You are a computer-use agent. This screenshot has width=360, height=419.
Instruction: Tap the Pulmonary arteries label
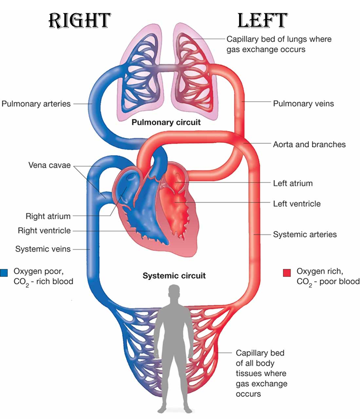tap(36, 104)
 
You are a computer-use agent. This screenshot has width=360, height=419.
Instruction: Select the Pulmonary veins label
tap(303, 104)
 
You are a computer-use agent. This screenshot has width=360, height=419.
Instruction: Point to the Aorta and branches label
tap(309, 144)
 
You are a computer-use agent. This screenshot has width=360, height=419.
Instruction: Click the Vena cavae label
tap(50, 165)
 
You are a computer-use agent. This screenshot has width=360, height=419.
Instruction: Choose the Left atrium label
tap(292, 183)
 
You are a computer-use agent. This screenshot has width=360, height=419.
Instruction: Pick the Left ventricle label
tap(297, 203)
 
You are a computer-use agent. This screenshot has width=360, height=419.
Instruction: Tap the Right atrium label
tap(48, 216)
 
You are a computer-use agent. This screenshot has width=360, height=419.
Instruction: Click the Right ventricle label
tap(44, 230)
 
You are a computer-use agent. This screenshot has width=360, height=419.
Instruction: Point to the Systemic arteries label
tap(305, 234)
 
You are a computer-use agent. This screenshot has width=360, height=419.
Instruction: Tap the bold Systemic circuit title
tap(174, 275)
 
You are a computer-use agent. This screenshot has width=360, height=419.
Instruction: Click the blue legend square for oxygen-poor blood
tap(4, 273)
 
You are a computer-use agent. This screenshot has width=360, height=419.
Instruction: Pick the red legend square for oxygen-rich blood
tap(287, 273)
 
